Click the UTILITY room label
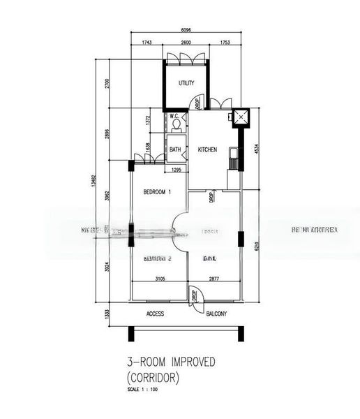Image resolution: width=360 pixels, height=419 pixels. point(186,83)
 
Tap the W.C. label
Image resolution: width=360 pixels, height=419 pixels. point(174,116)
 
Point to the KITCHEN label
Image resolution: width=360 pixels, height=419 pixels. point(207,149)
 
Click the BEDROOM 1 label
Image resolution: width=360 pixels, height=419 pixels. point(157,192)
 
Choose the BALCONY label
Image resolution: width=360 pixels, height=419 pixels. point(216,314)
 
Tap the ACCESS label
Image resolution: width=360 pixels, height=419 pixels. point(155,314)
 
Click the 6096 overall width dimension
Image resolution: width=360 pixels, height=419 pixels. point(186,31)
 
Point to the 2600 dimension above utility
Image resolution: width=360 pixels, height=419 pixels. point(185,44)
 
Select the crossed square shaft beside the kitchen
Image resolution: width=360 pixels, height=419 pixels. point(241,117)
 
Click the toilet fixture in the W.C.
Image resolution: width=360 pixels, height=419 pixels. point(177,125)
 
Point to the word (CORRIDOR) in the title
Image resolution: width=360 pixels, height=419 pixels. point(153,378)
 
